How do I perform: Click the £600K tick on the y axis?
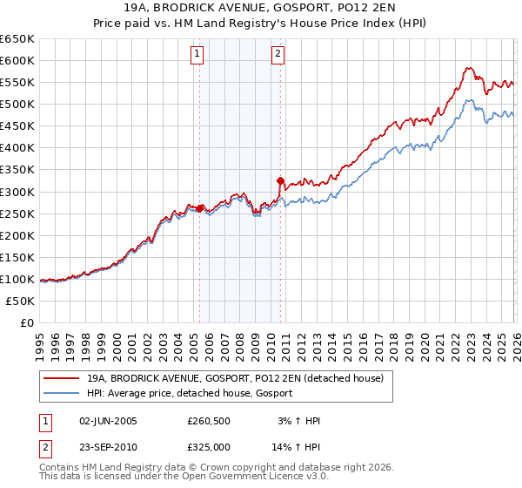17,60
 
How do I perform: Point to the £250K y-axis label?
17,213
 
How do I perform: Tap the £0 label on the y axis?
26,322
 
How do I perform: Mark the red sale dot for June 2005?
200,208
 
